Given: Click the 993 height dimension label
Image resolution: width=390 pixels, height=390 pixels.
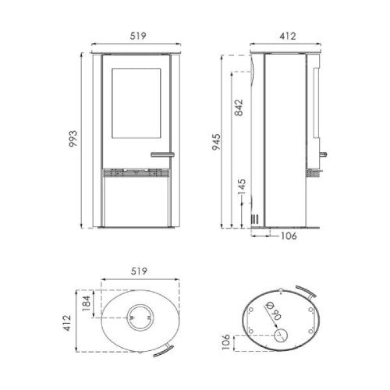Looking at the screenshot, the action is click(x=73, y=139).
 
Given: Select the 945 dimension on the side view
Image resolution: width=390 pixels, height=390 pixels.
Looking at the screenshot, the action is click(x=216, y=142).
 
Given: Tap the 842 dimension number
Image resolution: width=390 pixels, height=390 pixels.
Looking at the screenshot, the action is click(x=239, y=108).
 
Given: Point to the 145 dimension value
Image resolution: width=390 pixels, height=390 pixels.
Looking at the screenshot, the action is click(x=242, y=186).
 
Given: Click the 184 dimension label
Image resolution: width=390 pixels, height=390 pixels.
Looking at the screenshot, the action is click(x=86, y=303).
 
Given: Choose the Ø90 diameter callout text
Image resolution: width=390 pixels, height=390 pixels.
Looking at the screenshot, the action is click(x=273, y=310).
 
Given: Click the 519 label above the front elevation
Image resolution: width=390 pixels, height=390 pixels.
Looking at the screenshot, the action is click(x=138, y=36).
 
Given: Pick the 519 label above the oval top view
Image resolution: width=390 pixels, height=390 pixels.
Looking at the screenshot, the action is click(x=139, y=271).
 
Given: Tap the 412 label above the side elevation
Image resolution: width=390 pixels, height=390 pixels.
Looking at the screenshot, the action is click(x=288, y=36).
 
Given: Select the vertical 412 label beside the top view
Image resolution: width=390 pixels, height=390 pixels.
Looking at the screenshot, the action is click(x=67, y=323).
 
